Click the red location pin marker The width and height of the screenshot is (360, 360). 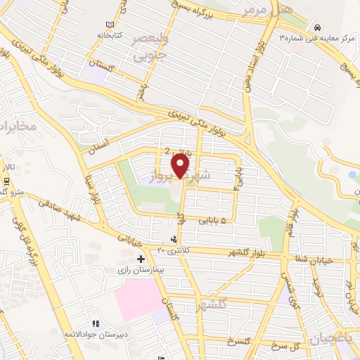[182, 167]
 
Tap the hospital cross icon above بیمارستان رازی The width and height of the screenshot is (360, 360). [141, 259]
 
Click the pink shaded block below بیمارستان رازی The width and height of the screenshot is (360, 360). [136, 299]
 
